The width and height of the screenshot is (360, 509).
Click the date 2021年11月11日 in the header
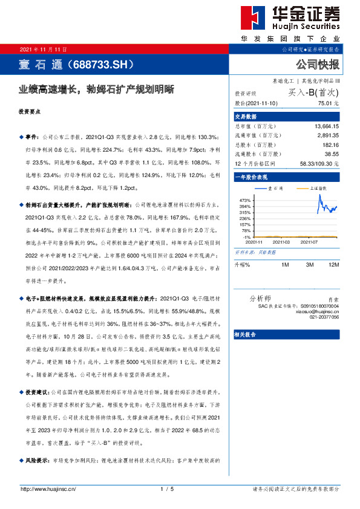44,49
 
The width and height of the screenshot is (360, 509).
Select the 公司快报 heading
317,64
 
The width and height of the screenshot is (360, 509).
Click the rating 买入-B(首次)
313,93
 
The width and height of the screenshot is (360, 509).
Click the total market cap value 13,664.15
326,126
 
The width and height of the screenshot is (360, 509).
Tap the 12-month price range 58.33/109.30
319,164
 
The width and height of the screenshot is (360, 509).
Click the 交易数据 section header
246,116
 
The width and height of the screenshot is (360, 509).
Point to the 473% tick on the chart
245,199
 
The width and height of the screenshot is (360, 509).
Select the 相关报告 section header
246,334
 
